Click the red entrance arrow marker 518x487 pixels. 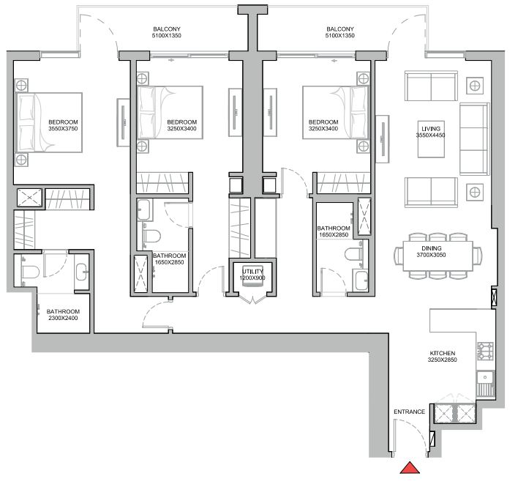tap(410, 468)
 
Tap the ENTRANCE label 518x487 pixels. tap(409, 412)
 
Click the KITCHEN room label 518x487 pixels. tap(443, 354)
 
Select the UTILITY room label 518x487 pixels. tap(252, 272)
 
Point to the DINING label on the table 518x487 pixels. tap(431, 248)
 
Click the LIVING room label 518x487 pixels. tap(431, 129)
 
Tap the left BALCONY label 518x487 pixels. tap(167, 29)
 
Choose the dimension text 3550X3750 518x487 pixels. tap(63, 129)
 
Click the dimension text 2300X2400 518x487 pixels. tap(63, 318)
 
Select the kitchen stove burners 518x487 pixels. tap(485, 351)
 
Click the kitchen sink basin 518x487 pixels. tap(485, 377)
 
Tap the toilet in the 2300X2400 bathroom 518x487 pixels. tap(30, 272)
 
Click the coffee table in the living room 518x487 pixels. tap(431, 139)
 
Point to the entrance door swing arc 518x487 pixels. tap(416, 431)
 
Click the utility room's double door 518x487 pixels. tap(252, 300)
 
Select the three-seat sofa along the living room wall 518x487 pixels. tap(474, 139)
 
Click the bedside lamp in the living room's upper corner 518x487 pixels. tap(475, 86)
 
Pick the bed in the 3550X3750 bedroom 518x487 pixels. tap(49, 122)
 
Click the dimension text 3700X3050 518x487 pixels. tap(431, 255)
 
